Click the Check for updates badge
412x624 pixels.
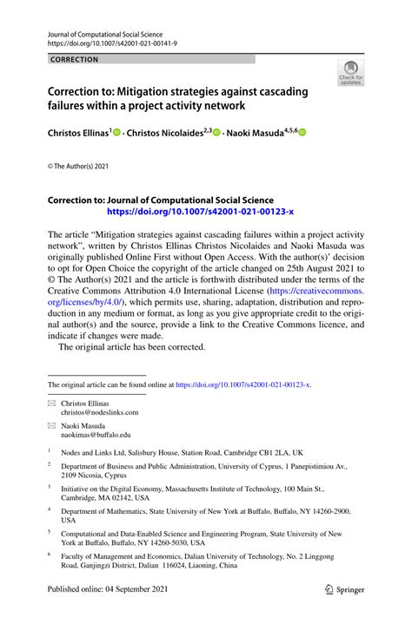(350, 73)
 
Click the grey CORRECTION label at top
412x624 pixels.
(74, 59)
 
